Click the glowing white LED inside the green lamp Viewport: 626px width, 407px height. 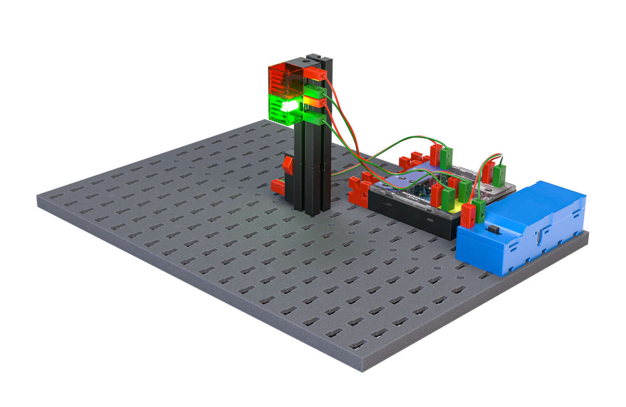289,106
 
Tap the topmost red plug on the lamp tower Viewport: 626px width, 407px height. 316,74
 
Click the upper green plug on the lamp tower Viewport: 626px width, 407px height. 315,93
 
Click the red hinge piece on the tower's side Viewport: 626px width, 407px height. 289,164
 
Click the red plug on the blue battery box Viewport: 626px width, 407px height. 467,215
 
